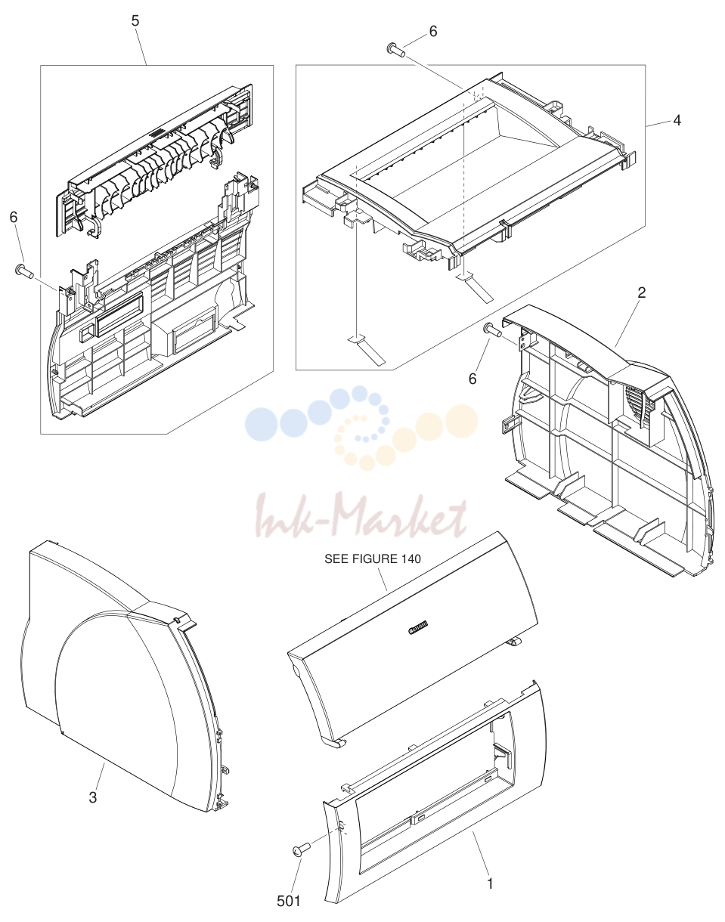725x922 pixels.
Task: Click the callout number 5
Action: [135, 21]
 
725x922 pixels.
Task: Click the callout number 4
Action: [677, 120]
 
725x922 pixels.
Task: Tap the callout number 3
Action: [93, 797]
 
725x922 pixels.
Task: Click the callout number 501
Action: [289, 901]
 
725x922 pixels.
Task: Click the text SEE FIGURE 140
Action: [373, 558]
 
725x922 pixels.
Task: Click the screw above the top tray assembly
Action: [396, 50]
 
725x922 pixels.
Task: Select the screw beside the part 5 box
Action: [24, 271]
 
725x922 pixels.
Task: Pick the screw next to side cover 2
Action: [493, 330]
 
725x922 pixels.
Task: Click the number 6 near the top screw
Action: [433, 32]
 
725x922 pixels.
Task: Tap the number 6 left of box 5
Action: [14, 217]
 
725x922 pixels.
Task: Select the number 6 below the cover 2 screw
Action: [472, 379]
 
